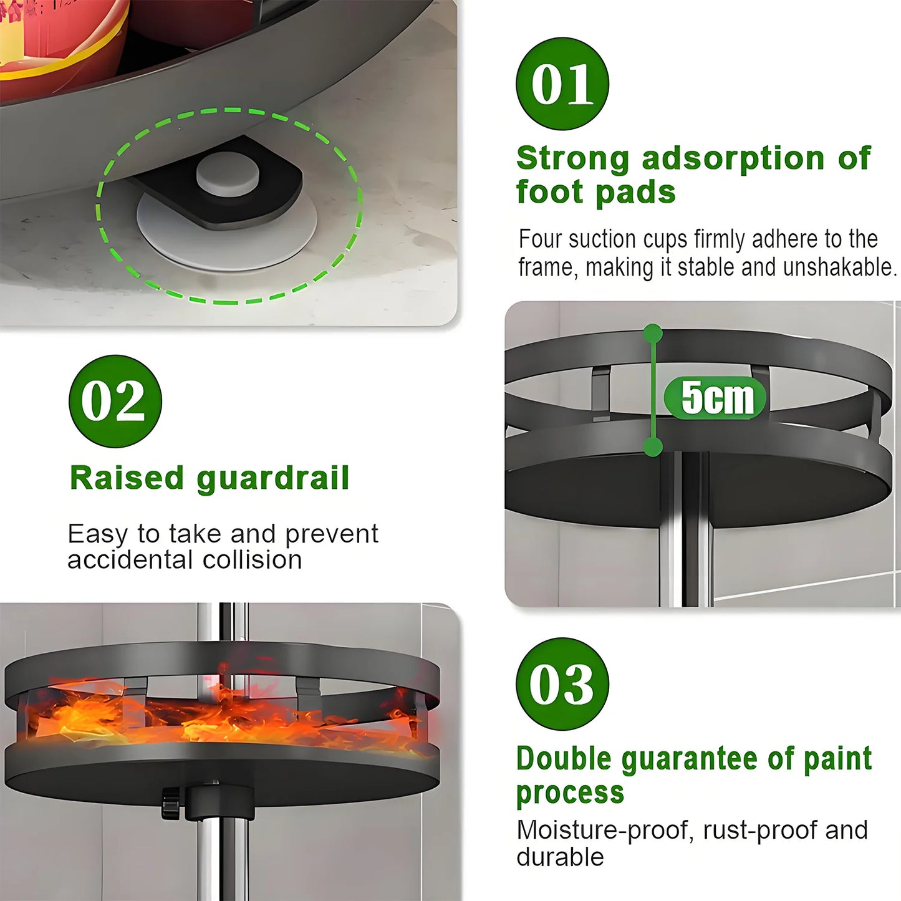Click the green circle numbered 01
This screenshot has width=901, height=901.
[x=562, y=84]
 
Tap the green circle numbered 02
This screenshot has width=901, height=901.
[x=115, y=401]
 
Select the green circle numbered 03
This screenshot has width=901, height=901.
[x=562, y=683]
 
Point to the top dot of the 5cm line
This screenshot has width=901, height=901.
[x=653, y=334]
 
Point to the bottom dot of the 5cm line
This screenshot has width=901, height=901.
[x=653, y=446]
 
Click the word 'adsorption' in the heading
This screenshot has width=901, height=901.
[x=733, y=158]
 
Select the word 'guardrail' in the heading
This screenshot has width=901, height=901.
[x=272, y=479]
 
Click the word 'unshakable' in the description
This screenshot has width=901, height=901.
[x=839, y=267]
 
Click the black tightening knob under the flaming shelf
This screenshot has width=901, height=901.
[x=170, y=803]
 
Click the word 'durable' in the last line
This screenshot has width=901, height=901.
[x=560, y=857]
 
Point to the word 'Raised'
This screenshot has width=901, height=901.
[x=127, y=479]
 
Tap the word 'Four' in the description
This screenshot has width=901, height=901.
[x=540, y=239]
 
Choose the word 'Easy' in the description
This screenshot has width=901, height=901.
[x=97, y=534]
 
